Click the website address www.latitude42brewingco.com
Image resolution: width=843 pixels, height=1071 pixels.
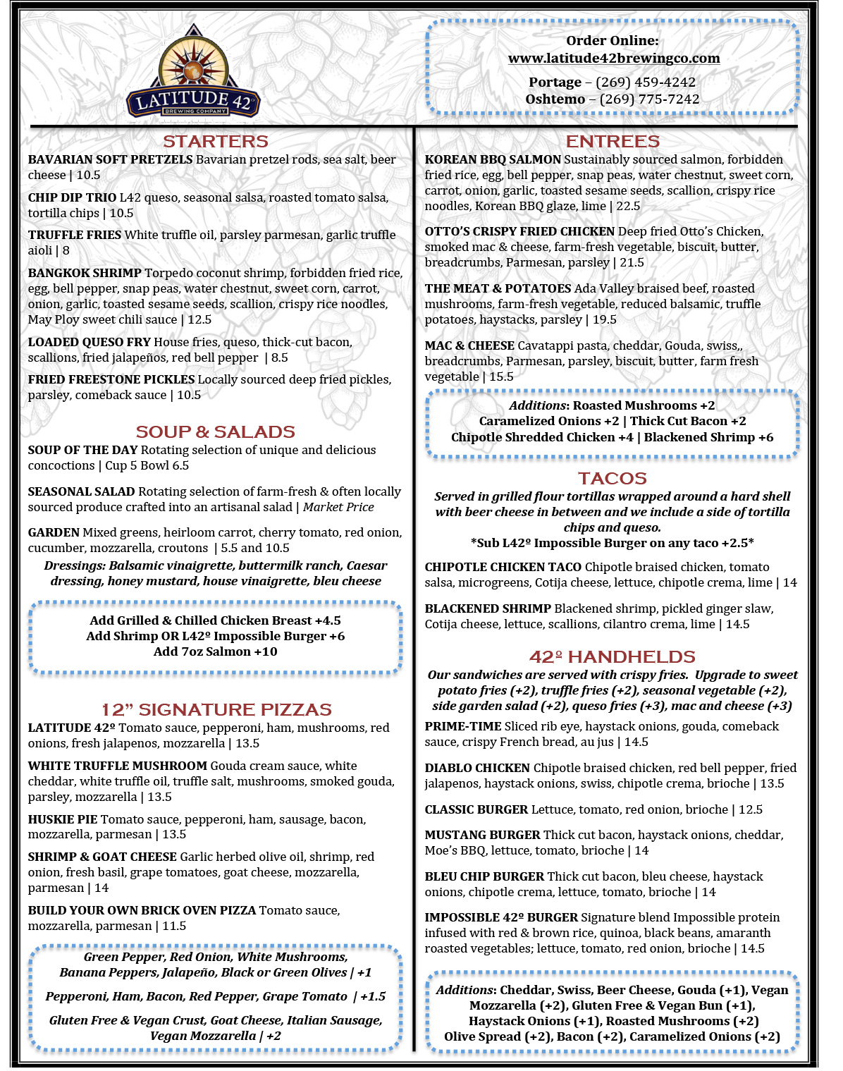pos(613,59)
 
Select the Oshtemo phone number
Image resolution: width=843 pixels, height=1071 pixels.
pos(648,99)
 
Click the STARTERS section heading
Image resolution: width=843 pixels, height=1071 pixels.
pos(216,141)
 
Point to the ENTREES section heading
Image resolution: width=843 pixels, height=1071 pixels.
pos(613,141)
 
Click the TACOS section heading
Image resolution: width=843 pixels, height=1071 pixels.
pos(612,478)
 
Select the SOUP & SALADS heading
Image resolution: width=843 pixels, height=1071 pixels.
pos(215,432)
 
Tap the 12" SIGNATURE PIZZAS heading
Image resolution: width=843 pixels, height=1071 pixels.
pos(216,709)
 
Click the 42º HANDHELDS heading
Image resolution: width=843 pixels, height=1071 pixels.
pos(612,656)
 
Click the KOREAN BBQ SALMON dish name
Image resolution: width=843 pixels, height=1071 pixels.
pos(493,160)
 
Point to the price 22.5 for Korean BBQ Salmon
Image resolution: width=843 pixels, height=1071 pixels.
pos(628,206)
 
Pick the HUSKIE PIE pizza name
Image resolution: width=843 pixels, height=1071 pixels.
pos(63,819)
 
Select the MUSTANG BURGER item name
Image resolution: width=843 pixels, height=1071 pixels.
pos(482,835)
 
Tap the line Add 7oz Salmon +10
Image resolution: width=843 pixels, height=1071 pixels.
pos(215,651)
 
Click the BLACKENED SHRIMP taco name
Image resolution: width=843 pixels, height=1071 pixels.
pos(488,608)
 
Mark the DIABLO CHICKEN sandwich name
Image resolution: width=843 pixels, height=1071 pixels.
pos(477,768)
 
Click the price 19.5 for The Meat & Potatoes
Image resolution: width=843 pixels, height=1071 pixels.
pos(604,319)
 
